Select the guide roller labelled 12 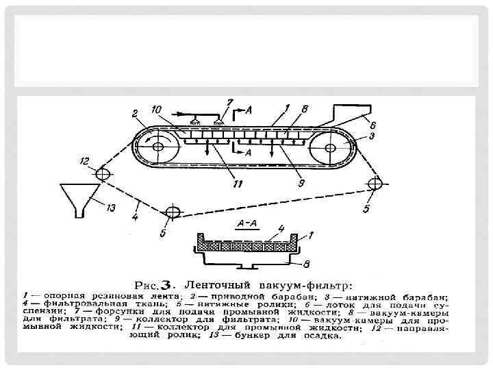click(103, 173)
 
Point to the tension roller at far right click(375, 183)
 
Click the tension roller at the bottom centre click(171, 212)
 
